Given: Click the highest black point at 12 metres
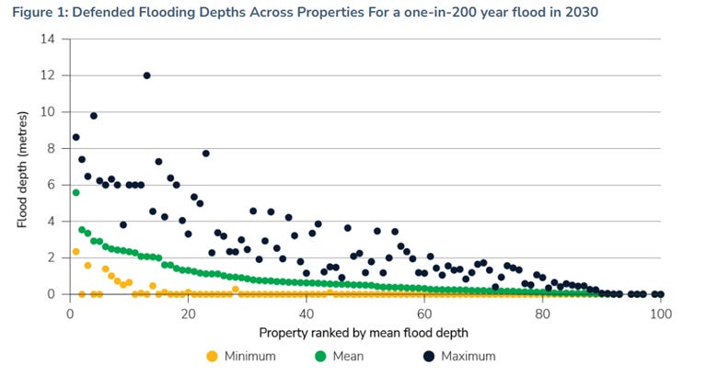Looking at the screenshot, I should (147, 75).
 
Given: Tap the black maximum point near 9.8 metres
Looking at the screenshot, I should (94, 116).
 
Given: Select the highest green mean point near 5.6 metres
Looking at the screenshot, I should (76, 192).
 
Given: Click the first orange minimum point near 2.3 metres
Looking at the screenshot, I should (76, 252).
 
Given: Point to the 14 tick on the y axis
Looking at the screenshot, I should (50, 39).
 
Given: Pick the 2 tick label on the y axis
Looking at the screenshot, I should (52, 257).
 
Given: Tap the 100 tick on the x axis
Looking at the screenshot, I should (660, 313).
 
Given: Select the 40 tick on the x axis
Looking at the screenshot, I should (306, 313).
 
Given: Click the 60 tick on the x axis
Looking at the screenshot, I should (423, 313).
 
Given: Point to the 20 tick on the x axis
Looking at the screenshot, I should (188, 313).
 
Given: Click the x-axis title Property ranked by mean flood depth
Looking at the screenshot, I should (364, 331).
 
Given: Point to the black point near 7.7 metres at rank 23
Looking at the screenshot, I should (206, 154).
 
